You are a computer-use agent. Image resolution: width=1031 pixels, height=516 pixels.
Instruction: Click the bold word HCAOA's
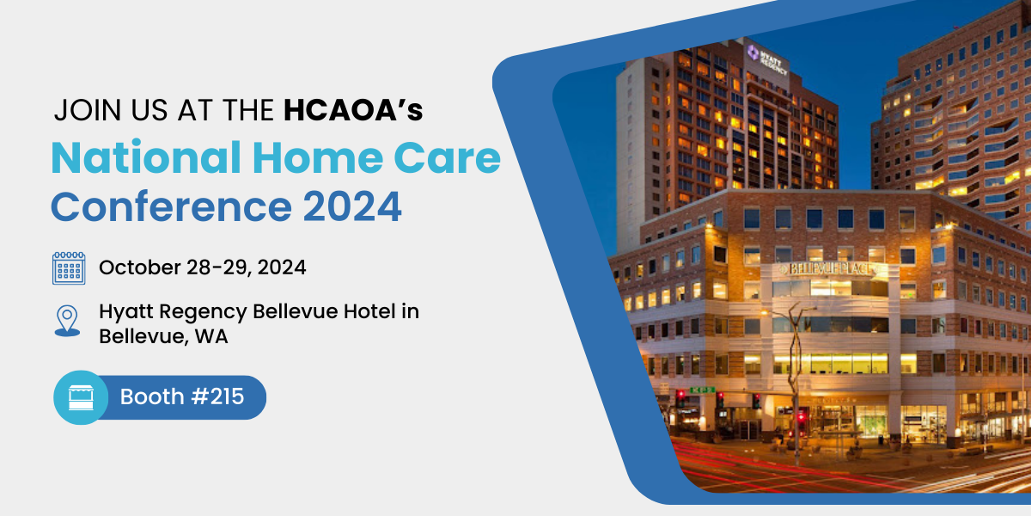click(353, 110)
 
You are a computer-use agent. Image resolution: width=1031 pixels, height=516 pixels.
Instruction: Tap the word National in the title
click(146, 158)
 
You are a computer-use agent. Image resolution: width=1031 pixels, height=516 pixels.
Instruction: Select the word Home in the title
click(318, 158)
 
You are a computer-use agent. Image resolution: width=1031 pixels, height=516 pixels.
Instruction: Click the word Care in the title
click(448, 158)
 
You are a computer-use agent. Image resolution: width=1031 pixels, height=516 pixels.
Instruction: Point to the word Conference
click(171, 207)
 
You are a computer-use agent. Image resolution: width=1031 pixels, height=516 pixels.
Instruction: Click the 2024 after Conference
click(352, 207)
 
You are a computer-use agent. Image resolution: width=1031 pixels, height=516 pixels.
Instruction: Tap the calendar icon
click(69, 267)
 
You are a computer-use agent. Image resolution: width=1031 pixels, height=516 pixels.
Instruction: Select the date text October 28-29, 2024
click(203, 267)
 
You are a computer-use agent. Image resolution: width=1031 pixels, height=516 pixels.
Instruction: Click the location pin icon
click(67, 321)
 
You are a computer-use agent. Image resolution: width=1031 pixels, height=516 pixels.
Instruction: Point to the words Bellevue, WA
click(163, 336)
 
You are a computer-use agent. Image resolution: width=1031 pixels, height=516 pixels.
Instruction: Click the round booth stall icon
click(81, 397)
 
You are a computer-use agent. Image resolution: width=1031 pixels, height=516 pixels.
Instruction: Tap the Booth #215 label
click(182, 396)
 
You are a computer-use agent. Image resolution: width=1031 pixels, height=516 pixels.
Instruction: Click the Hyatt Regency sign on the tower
click(766, 60)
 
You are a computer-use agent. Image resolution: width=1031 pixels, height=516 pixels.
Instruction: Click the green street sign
click(702, 390)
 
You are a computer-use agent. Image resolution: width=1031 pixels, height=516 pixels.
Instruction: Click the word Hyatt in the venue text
click(126, 312)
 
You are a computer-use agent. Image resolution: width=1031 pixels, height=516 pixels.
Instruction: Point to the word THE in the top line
click(248, 110)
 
